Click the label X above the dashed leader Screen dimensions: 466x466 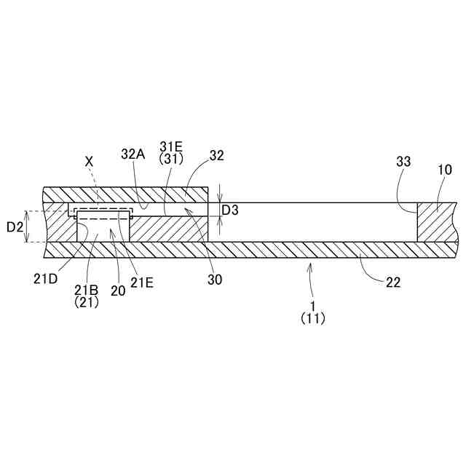click(90, 160)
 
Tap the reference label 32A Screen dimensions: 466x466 click(134, 154)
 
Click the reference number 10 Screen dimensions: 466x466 click(445, 170)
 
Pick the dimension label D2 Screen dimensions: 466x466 click(15, 227)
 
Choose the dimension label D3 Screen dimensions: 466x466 click(230, 210)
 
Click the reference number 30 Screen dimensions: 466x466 click(214, 279)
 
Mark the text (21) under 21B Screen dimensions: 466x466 click(87, 302)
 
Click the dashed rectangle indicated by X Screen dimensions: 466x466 click(102, 213)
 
